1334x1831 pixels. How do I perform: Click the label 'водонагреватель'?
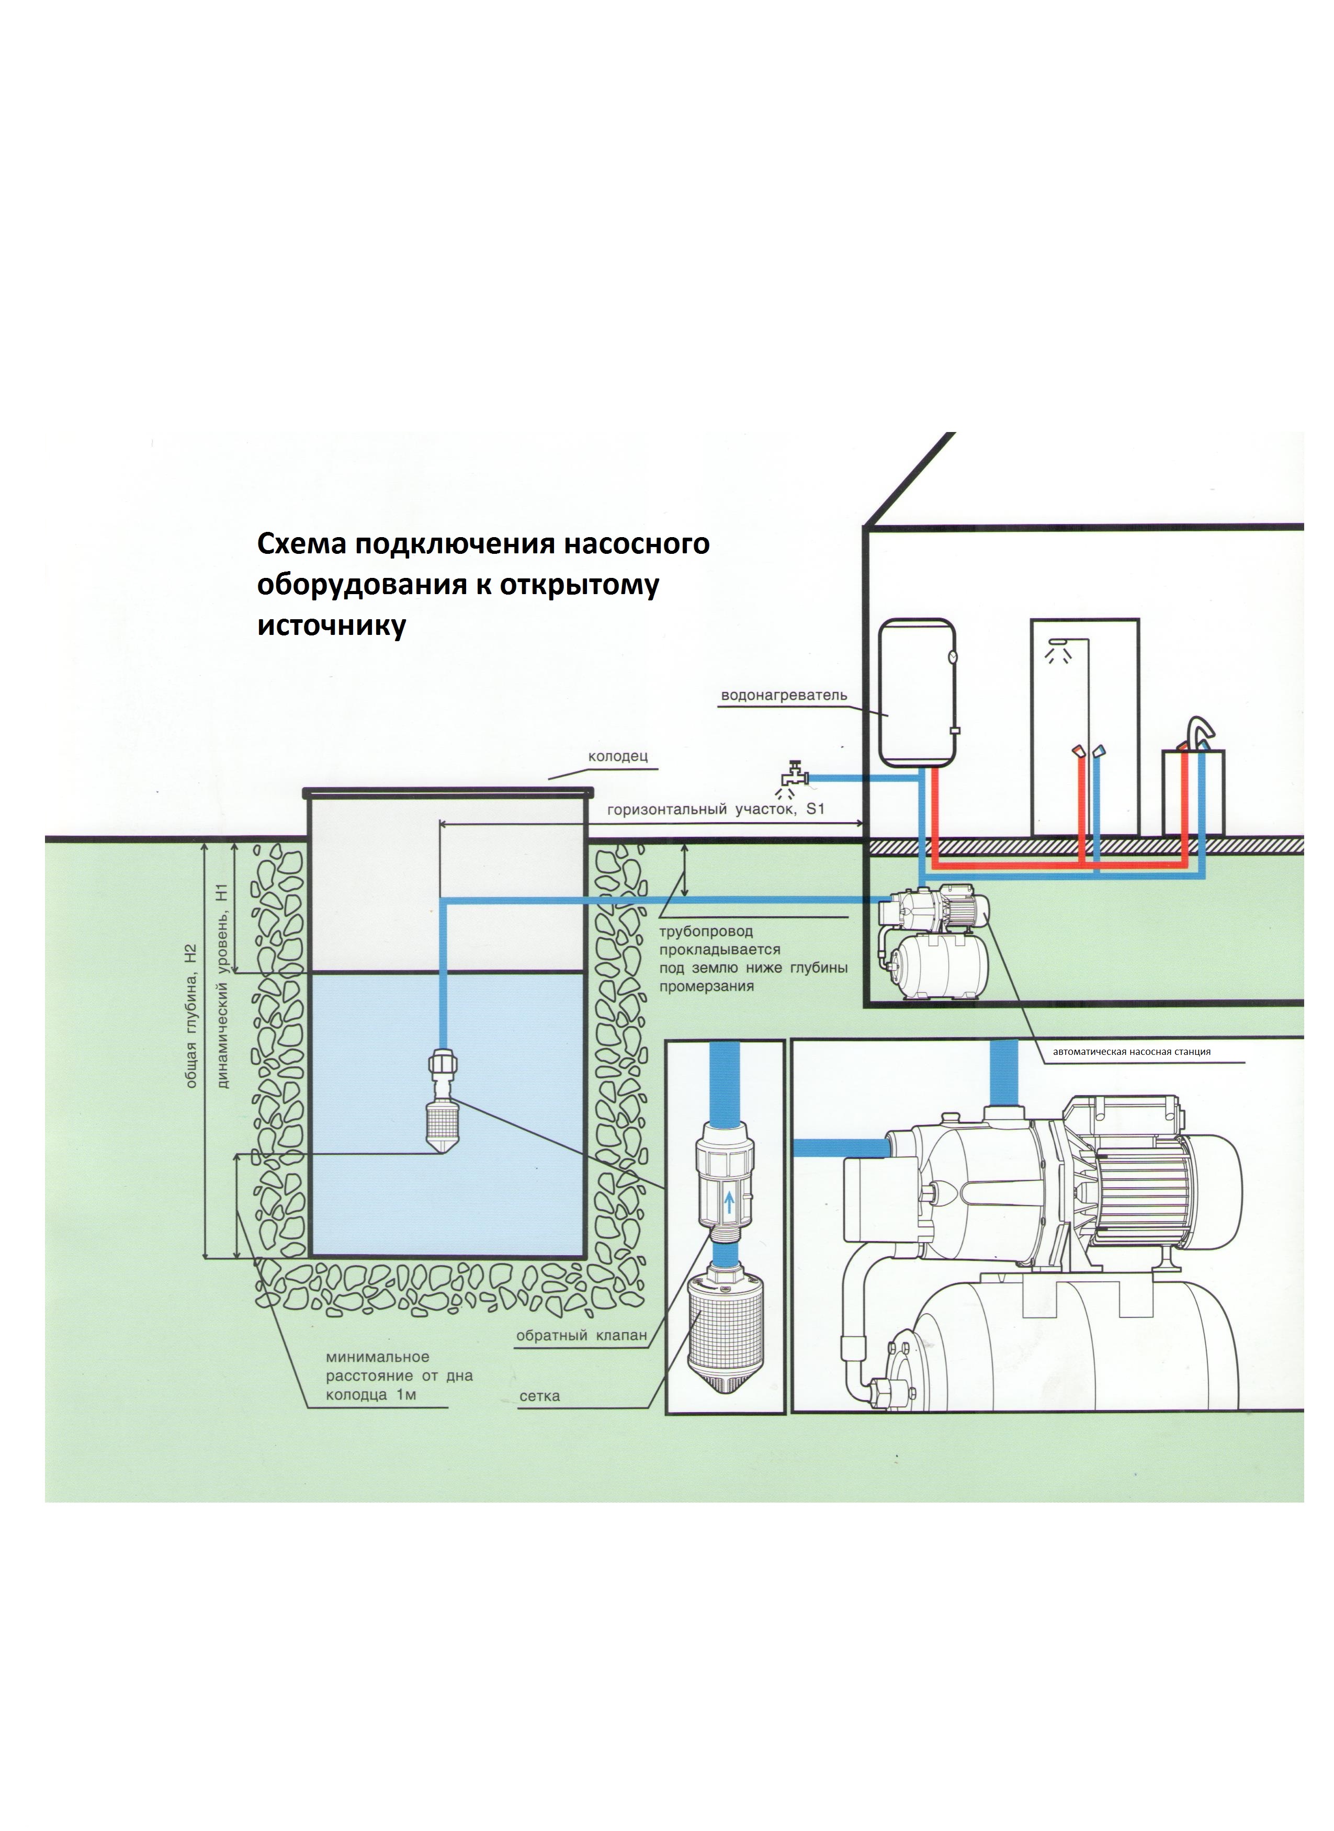pos(783,695)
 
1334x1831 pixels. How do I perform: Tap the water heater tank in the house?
pos(918,692)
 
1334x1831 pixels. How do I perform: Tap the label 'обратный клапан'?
pos(581,1335)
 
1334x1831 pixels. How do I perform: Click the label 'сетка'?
pos(539,1396)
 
